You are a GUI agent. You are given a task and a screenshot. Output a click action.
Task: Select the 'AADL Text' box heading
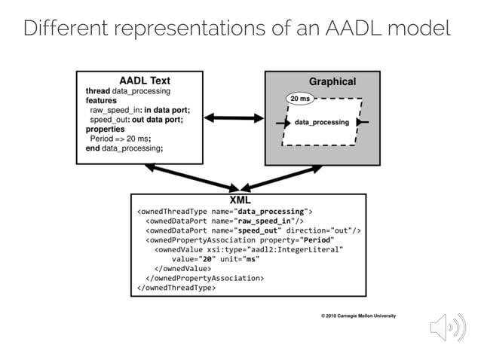pyautogui.click(x=145, y=81)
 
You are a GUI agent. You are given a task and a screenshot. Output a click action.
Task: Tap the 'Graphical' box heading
pyautogui.click(x=332, y=81)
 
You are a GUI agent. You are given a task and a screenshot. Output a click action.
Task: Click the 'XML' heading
pyautogui.click(x=240, y=200)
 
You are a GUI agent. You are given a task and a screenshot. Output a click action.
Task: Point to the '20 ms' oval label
pyautogui.click(x=300, y=99)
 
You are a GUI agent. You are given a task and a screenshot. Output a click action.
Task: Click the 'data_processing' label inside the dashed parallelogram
pyautogui.click(x=321, y=122)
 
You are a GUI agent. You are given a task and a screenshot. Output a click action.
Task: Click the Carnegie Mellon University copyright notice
pyautogui.click(x=358, y=316)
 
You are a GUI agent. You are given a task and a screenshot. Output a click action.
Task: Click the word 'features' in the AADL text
pyautogui.click(x=101, y=100)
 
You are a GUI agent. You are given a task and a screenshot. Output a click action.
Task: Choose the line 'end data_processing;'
pyautogui.click(x=124, y=148)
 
